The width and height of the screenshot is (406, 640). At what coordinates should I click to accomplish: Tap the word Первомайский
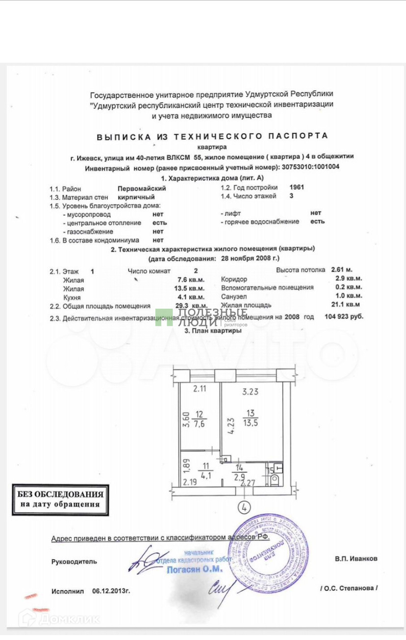tap(142, 188)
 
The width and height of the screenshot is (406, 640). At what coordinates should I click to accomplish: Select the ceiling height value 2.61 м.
tap(342, 270)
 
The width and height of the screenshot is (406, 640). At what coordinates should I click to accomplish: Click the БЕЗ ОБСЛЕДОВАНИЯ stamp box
tap(59, 499)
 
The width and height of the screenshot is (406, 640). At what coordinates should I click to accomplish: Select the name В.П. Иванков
tap(356, 558)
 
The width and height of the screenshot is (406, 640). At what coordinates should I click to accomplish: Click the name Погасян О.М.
tap(195, 569)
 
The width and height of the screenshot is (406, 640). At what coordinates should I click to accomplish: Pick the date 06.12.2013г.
tap(111, 591)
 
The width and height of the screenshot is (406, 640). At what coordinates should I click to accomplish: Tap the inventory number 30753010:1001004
tap(310, 167)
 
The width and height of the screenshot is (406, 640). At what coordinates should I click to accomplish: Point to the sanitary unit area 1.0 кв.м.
tap(350, 296)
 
